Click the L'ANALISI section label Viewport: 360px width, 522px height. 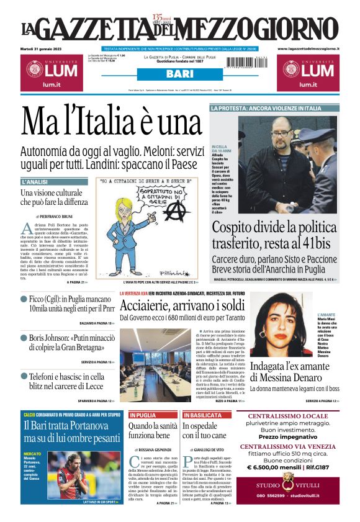click(x=35, y=182)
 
